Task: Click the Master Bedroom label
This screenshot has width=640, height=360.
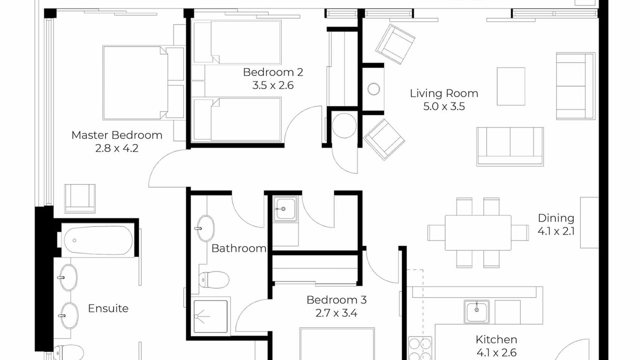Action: point(117,135)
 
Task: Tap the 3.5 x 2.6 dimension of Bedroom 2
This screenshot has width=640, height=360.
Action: point(273,85)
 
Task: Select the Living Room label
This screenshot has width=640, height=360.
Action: point(444,93)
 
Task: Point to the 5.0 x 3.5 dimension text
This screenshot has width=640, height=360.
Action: point(444,106)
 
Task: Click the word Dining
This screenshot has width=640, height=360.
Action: point(556,218)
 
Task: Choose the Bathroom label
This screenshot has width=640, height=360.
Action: point(239,248)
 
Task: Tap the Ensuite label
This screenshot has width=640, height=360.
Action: point(108,308)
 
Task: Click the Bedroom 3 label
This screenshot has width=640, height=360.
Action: point(336,300)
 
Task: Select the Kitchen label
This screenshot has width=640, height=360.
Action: point(496,339)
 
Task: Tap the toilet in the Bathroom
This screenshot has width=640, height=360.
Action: point(213,279)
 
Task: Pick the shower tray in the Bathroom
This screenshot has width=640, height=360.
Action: point(211,316)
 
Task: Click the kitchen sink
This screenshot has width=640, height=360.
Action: point(476,311)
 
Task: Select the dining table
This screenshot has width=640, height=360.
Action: point(478,233)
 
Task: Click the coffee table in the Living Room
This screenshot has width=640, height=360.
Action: point(511,86)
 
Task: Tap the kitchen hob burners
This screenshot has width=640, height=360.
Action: point(419,348)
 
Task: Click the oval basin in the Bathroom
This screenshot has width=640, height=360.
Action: point(205,228)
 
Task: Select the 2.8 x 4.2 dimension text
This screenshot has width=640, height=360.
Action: point(117,148)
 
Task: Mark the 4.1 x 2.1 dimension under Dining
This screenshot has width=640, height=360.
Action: point(556,231)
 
